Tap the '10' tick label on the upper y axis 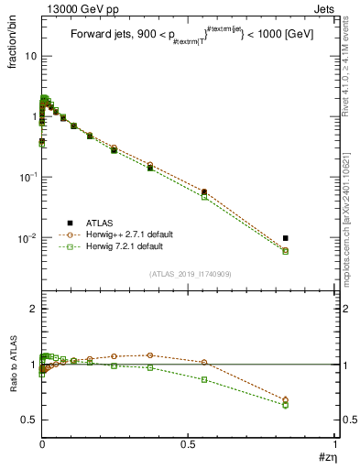click(29, 56)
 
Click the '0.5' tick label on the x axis click(188, 443)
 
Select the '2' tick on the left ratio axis click(32, 310)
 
